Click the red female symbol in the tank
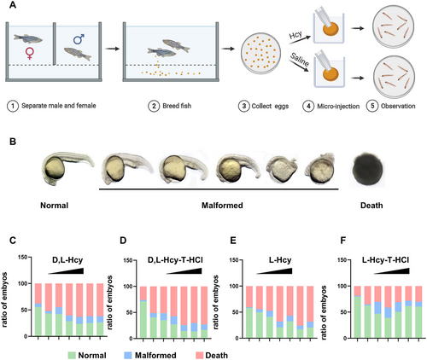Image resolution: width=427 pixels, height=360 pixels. click(30, 53)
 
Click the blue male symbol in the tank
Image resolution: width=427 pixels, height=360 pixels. click(79, 39)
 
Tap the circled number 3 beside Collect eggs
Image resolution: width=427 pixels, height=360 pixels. click(244, 106)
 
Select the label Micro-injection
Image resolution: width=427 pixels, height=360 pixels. click(338, 107)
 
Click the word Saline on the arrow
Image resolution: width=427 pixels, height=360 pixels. click(299, 60)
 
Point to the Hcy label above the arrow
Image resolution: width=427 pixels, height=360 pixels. click(295, 35)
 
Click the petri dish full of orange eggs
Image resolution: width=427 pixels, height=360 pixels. click(260, 52)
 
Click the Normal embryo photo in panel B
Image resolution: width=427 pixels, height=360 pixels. click(67, 168)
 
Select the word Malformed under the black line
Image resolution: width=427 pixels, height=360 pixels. click(222, 206)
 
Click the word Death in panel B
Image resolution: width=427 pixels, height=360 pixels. click(371, 206)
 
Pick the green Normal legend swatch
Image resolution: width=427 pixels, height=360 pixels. click(72, 355)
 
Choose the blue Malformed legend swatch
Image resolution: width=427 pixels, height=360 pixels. click(128, 355)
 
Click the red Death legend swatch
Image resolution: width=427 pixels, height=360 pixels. click(199, 355)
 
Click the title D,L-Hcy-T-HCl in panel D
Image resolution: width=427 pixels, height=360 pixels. click(175, 260)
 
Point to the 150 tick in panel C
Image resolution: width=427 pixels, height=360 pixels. click(22, 258)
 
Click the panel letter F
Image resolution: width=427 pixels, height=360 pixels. click(343, 241)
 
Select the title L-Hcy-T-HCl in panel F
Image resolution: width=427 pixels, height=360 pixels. click(386, 260)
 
